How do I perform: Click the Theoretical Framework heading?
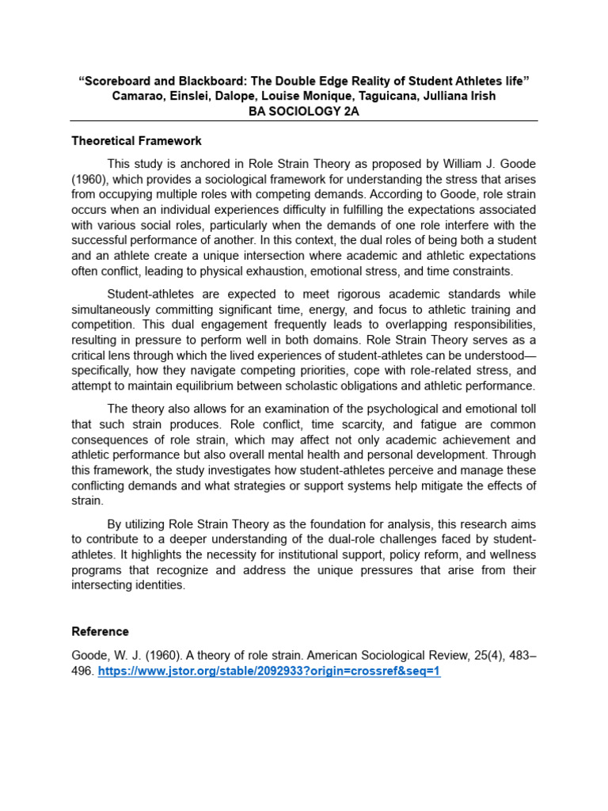(x=136, y=141)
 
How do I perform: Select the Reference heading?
(x=100, y=631)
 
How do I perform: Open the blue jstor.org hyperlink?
(x=268, y=671)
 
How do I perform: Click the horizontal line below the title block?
(x=304, y=121)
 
